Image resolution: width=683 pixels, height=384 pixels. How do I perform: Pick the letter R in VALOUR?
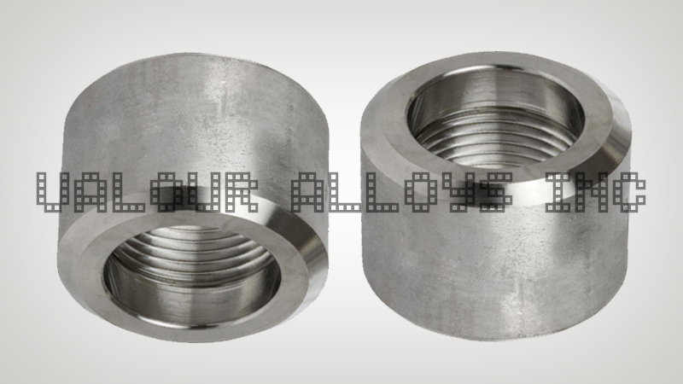coord(253,192)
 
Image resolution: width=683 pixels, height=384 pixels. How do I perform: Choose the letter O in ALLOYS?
coord(424,192)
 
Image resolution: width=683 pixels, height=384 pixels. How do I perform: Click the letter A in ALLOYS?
coord(307,192)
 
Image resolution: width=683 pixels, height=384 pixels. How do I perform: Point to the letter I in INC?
coord(552,192)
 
